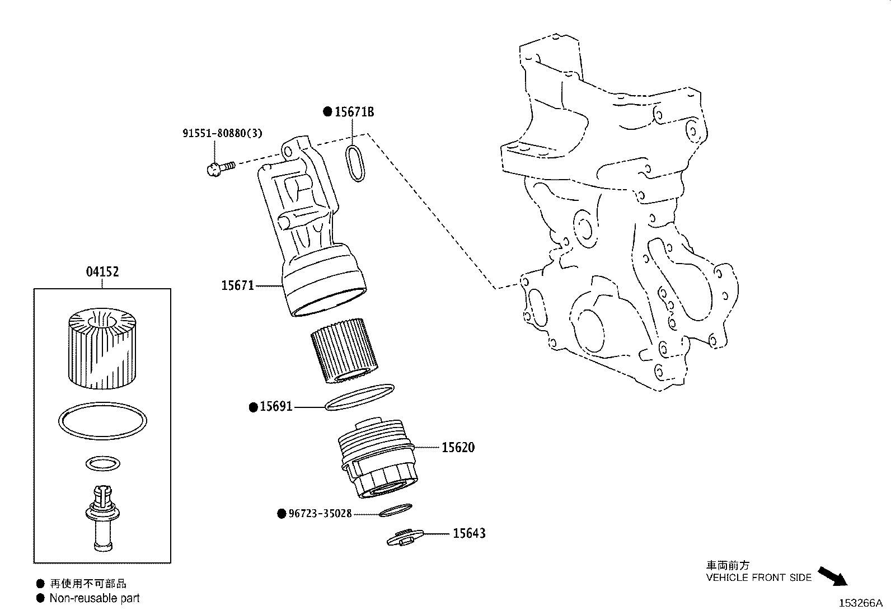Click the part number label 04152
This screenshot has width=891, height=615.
[102, 272]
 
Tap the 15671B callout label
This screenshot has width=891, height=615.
[354, 112]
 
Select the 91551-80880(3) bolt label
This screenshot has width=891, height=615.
[222, 134]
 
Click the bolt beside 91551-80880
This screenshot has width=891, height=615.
[219, 167]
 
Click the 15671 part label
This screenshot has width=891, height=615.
[237, 286]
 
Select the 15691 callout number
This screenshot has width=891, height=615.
[276, 407]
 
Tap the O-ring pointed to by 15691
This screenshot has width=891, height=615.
[359, 397]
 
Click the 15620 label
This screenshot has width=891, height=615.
[458, 447]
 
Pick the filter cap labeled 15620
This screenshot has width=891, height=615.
[376, 459]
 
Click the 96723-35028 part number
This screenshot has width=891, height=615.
[320, 513]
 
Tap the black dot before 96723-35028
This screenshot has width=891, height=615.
[282, 513]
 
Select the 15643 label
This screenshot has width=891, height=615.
[469, 533]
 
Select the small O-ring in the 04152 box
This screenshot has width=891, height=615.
[102, 463]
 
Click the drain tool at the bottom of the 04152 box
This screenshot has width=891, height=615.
[102, 518]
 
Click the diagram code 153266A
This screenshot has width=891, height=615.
[860, 603]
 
